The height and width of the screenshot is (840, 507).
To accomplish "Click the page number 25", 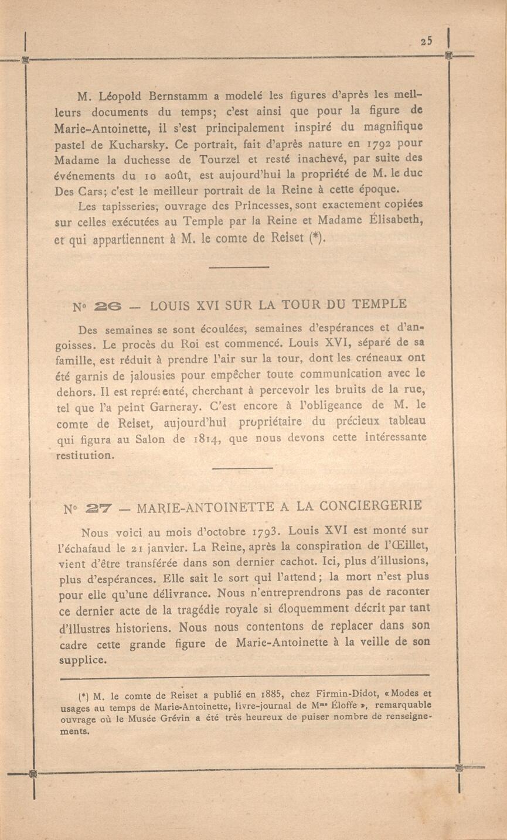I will tap(426, 41).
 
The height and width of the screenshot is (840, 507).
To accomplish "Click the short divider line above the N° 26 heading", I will tap(239, 267).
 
